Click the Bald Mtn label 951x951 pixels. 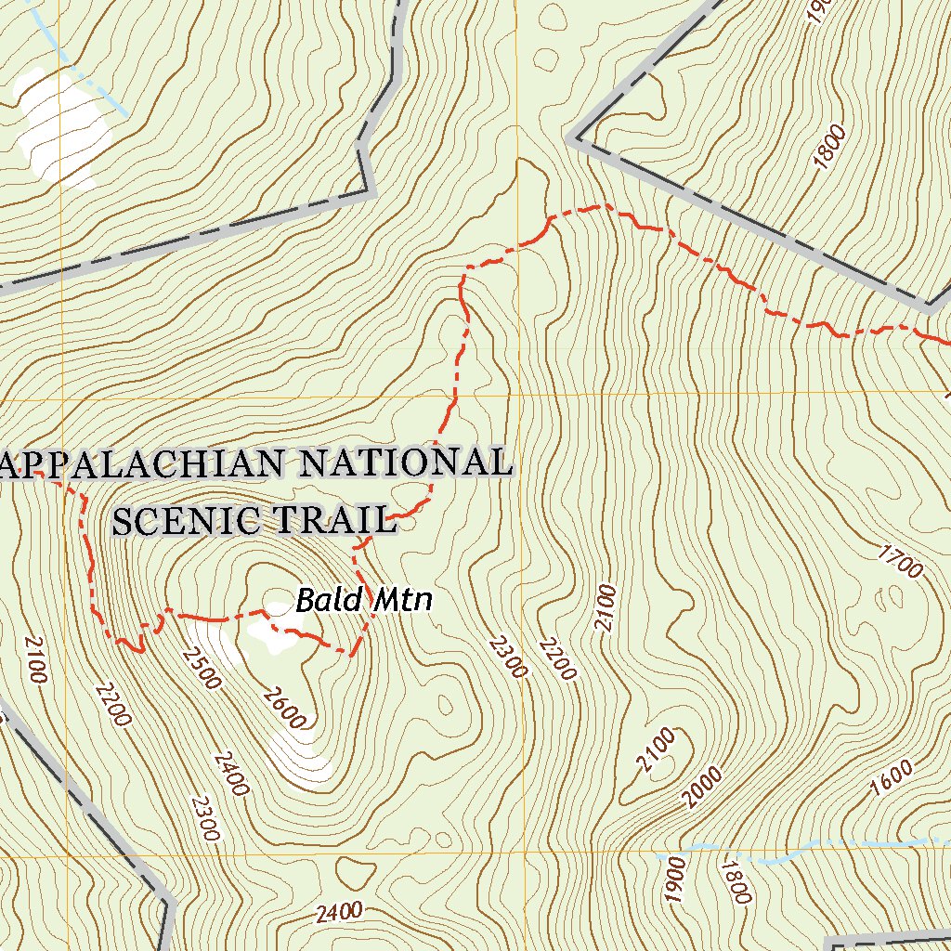pos(364,601)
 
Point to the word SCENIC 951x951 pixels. pos(186,521)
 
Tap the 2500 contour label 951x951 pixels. pos(202,668)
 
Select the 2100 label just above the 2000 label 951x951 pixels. pos(656,751)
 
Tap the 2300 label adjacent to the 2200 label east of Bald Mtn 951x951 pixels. pos(508,657)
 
